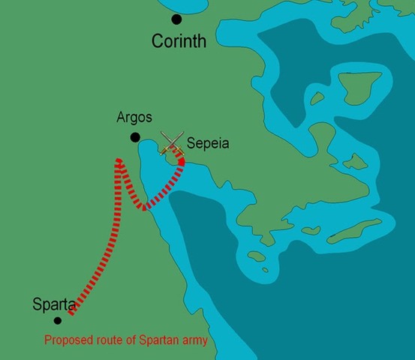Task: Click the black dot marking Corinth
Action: tap(176, 19)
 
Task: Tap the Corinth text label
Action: tap(179, 41)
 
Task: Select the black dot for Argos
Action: tap(135, 137)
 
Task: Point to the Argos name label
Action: tap(135, 118)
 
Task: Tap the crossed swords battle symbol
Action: tap(173, 143)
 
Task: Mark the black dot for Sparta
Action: tap(57, 320)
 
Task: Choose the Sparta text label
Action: tap(54, 304)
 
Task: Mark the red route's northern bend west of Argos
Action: tap(119, 161)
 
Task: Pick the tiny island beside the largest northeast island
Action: tap(317, 97)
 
